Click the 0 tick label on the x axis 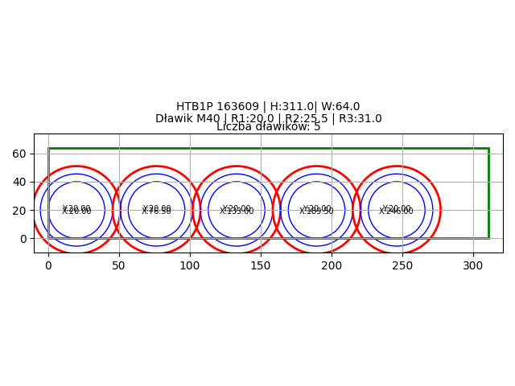point(48,265)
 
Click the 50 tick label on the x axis point(119,265)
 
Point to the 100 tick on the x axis point(190,265)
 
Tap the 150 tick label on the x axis point(261,265)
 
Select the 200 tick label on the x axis point(332,265)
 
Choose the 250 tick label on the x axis point(402,265)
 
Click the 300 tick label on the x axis point(473,265)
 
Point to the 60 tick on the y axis point(20,154)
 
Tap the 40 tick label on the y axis point(20,182)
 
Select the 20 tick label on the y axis point(20,210)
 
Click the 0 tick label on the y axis point(23,239)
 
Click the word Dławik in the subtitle point(175,119)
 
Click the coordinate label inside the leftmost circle point(76,210)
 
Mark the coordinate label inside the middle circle point(237,210)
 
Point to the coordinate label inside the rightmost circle point(396,210)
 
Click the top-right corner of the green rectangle point(488,148)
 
